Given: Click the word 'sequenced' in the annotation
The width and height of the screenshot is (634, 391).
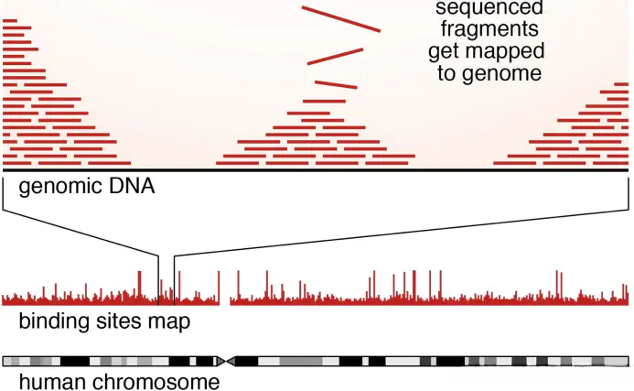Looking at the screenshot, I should (489, 8).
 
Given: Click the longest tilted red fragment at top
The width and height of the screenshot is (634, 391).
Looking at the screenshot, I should (340, 19).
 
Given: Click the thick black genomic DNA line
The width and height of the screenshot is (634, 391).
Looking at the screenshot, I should (316, 170).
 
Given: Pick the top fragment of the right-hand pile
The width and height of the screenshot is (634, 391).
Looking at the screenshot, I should (619, 85).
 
